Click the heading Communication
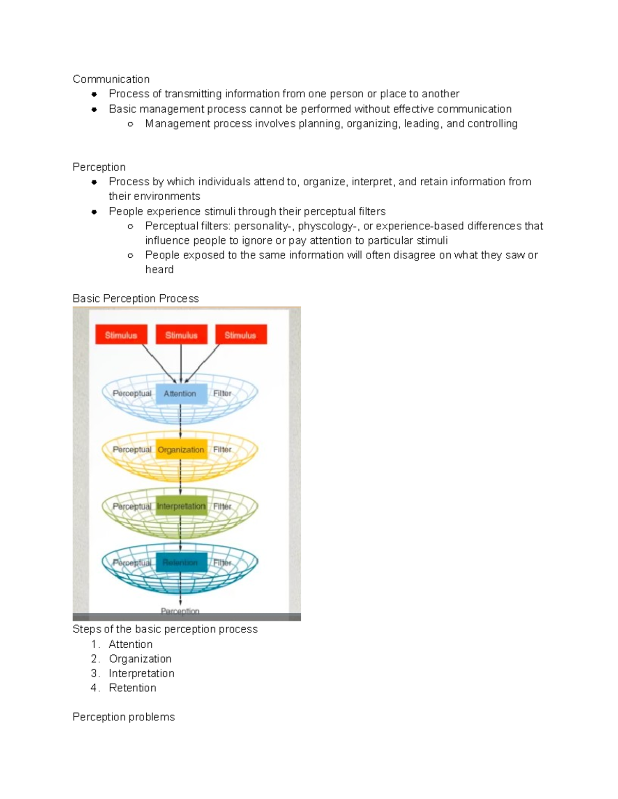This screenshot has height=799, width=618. pos(111,79)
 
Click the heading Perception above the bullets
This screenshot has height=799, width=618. pos(99,167)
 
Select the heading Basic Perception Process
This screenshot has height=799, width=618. pos(135,299)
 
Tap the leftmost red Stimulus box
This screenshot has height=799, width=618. pos(121,335)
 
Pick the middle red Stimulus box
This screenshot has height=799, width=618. pos(181,335)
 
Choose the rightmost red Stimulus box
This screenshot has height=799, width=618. pos(241,335)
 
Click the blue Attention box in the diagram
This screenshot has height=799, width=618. pos(180,394)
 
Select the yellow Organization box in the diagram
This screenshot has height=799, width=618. pos(181,450)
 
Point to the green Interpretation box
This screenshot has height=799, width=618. pos(181,506)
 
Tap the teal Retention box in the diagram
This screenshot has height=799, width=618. pos(181,562)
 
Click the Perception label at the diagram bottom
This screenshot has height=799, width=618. pos(180,611)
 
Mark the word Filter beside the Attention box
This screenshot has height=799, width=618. pos(222,394)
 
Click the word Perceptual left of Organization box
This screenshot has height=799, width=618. pos(132,450)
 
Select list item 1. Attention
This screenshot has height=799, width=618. pos(130,645)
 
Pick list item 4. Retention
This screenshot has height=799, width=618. pos(132,688)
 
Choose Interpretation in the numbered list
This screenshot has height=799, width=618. pos(141,673)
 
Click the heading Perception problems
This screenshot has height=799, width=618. pos(124,717)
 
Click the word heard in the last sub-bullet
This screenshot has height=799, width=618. pos(159,270)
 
